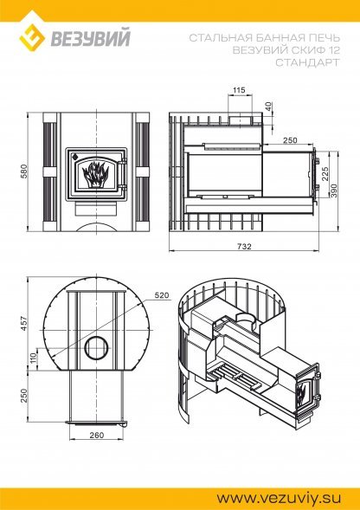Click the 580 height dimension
click(x=23, y=173)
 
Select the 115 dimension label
click(x=239, y=90)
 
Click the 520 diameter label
click(x=161, y=295)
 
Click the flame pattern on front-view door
click(x=94, y=174)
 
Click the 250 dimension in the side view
click(x=289, y=139)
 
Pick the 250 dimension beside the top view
click(x=24, y=395)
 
